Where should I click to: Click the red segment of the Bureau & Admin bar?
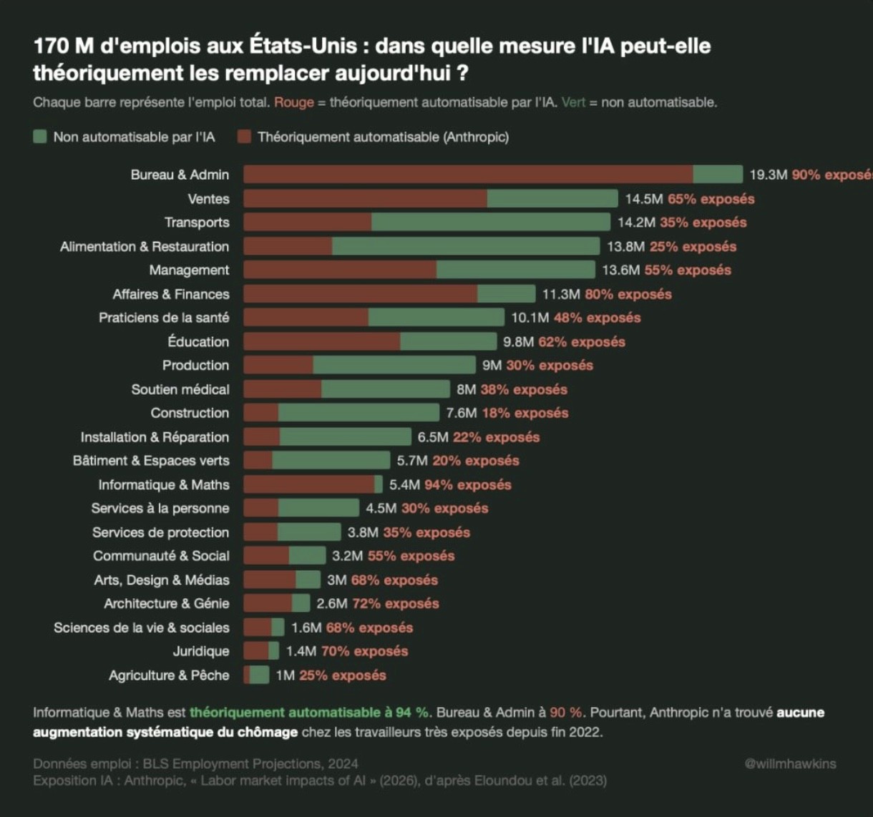pos(468,175)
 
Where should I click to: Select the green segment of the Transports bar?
pos(490,222)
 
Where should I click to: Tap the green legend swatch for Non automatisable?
pos(40,137)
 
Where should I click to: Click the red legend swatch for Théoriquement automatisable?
pos(244,137)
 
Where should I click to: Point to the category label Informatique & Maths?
pos(164,484)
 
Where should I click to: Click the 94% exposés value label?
pos(468,484)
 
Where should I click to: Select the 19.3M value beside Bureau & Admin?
pos(769,175)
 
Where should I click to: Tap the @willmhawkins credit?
pos(790,763)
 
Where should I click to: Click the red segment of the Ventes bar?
pos(365,199)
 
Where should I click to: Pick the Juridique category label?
pos(201,651)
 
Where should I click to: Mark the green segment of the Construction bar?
pos(359,413)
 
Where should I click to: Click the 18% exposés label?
pos(525,413)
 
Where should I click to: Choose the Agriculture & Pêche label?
pos(169,675)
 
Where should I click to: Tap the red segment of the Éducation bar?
pos(321,342)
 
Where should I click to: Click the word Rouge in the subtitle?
pos(294,102)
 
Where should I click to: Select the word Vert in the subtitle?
pos(573,102)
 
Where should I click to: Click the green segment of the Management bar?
pos(515,270)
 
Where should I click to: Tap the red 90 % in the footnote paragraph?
pos(566,713)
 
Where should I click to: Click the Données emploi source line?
pos(195,763)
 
